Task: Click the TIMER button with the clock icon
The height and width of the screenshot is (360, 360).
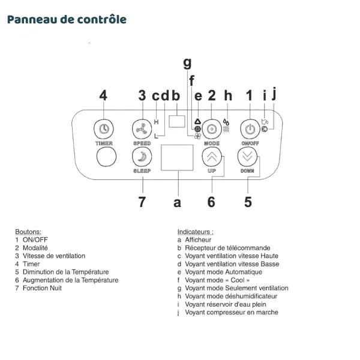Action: (104, 128)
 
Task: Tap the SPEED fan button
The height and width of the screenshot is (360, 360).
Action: (142, 128)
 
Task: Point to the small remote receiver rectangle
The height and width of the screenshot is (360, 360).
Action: (176, 121)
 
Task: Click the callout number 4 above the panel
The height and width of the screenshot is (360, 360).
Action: (104, 95)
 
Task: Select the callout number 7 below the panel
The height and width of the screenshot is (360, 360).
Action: (142, 202)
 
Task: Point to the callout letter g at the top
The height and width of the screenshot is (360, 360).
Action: (187, 62)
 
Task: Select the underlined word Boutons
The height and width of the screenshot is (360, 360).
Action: (28, 231)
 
